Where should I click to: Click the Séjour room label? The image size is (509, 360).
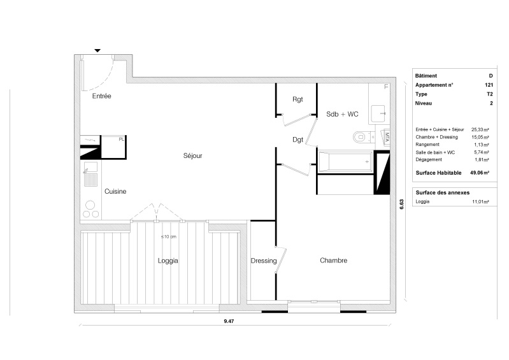[193, 156]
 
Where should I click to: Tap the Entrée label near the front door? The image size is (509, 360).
[101, 96]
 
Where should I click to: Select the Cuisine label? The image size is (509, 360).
[115, 192]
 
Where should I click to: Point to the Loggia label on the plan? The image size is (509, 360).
[168, 261]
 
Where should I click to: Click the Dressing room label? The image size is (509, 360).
[264, 261]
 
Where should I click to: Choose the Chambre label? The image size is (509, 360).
[333, 261]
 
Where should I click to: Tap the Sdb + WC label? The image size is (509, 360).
[342, 114]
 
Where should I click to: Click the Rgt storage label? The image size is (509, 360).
[298, 99]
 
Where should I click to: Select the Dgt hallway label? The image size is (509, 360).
[298, 140]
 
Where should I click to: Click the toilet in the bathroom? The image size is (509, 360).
[362, 138]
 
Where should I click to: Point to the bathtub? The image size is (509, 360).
[345, 162]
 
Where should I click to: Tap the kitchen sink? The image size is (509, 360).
[90, 168]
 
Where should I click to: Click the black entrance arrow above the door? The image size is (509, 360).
[97, 50]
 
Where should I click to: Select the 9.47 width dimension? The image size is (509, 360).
[229, 321]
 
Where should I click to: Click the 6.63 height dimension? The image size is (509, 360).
[401, 204]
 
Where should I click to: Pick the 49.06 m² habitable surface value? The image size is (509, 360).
[480, 173]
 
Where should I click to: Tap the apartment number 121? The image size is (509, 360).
[489, 85]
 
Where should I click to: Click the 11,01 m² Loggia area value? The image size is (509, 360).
[480, 201]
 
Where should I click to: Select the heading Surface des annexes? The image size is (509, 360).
[443, 192]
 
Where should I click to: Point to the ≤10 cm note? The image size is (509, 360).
[168, 236]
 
